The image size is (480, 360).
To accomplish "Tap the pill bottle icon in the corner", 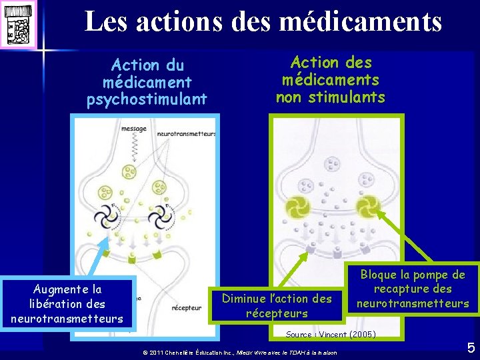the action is (18, 24).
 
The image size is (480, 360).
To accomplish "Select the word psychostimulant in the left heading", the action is (147, 100).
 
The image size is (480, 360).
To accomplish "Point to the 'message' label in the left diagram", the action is (134, 129).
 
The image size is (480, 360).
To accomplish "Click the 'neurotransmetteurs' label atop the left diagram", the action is (186, 134).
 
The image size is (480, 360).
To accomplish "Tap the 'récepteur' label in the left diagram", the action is (186, 308).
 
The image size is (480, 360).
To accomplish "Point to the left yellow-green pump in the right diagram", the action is (294, 207).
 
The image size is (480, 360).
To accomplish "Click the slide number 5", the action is (471, 347).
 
